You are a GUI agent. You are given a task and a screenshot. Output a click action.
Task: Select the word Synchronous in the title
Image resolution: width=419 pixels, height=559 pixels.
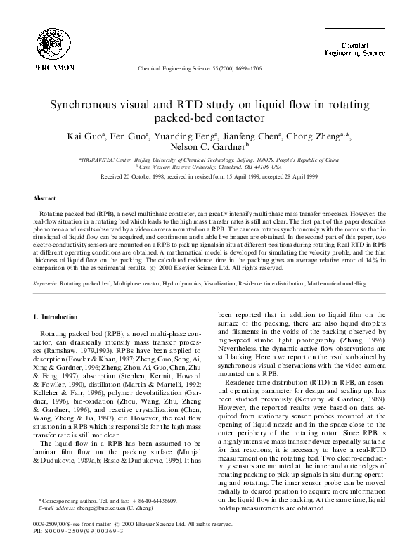coord(90,105)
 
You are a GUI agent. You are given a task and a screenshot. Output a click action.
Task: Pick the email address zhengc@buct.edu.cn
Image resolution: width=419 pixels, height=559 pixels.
coord(94,506)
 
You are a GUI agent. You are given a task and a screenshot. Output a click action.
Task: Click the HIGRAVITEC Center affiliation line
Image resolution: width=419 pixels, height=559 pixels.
coord(209,160)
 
